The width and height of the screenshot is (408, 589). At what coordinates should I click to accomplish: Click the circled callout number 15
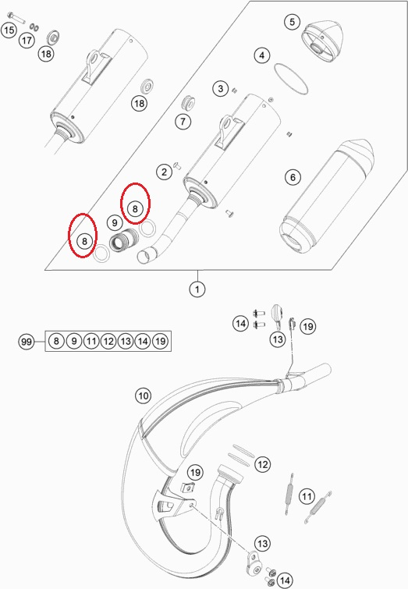9,30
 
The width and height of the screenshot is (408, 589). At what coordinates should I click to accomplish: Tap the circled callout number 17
27,40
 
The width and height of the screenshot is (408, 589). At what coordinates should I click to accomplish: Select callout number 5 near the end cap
293,22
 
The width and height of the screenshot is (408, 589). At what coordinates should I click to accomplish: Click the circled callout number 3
222,88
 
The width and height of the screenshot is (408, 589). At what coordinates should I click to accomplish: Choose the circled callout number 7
183,122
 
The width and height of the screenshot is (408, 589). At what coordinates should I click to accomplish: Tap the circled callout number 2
164,172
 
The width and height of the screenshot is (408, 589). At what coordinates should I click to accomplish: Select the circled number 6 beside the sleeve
293,178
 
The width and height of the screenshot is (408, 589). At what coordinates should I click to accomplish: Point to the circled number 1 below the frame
197,289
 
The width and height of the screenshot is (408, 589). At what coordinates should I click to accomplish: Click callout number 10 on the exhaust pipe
143,396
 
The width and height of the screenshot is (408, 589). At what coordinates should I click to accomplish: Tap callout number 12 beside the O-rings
263,465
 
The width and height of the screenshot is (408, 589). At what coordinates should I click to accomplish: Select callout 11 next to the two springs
307,496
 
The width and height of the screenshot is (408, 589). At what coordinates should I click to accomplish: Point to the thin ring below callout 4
290,78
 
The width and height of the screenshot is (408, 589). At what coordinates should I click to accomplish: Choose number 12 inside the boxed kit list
108,341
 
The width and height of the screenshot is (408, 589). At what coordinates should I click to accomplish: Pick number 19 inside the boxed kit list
160,341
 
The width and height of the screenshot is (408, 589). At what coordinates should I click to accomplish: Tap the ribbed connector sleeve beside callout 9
126,243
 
